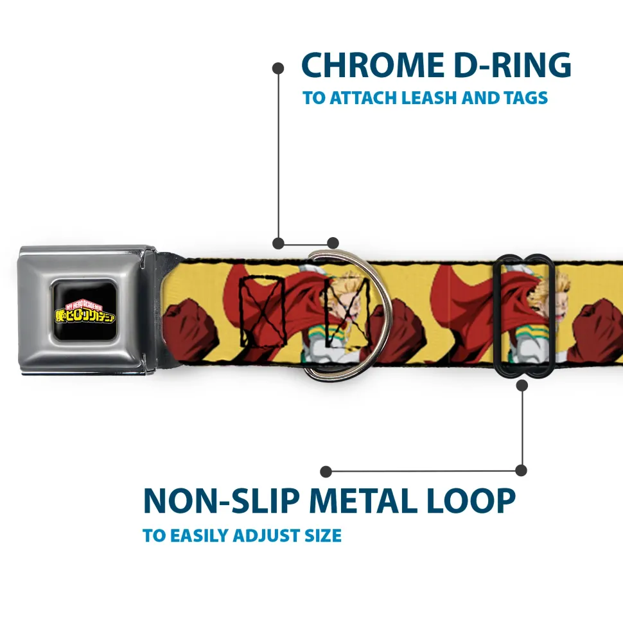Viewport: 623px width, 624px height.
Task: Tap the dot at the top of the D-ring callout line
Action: (x=278, y=67)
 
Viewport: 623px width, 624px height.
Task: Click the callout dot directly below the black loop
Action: (x=522, y=386)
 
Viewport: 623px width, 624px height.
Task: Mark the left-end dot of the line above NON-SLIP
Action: (x=326, y=471)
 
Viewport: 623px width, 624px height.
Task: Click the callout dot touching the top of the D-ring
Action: (x=332, y=243)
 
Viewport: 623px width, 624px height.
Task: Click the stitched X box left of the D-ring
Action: (x=257, y=310)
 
